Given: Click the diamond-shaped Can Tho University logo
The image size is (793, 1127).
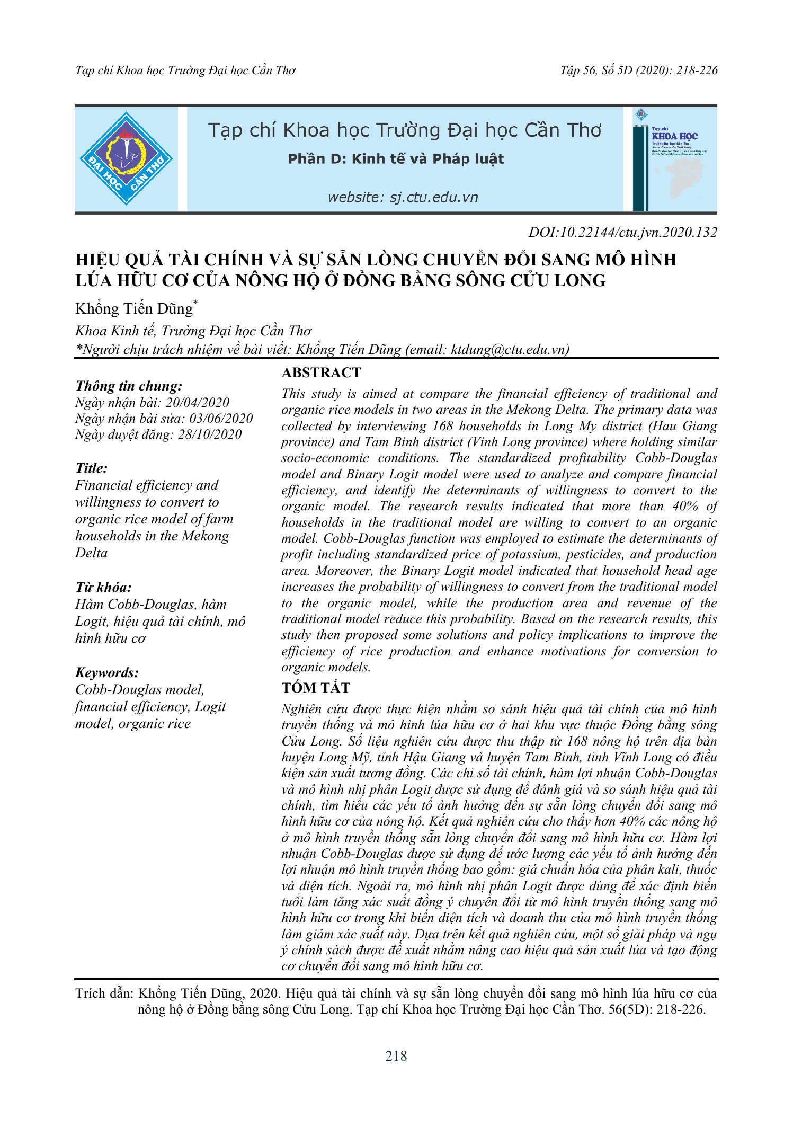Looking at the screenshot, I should [126, 158].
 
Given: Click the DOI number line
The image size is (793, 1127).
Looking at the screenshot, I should [622, 232].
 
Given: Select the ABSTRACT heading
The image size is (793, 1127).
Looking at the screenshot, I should [321, 372].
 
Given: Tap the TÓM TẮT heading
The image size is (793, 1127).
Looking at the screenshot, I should [316, 688].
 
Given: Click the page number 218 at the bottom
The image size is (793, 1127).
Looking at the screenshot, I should [396, 1056].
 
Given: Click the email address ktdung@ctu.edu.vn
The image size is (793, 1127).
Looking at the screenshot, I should [509, 349].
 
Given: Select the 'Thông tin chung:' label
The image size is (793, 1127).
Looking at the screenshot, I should [129, 386].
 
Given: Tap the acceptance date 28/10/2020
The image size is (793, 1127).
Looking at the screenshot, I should [210, 434].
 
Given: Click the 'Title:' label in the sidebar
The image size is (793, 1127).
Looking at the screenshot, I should [91, 468].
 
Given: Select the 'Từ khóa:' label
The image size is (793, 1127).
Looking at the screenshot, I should [103, 587].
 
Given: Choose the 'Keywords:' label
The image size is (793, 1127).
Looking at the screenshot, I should [107, 672].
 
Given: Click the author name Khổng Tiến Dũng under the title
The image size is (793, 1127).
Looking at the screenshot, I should [134, 308].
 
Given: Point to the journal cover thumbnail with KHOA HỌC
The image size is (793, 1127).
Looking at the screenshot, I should [674, 159].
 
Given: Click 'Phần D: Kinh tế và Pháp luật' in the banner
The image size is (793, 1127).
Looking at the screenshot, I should [396, 159].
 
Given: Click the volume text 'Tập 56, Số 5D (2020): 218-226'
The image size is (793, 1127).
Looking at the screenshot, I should [639, 70].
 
